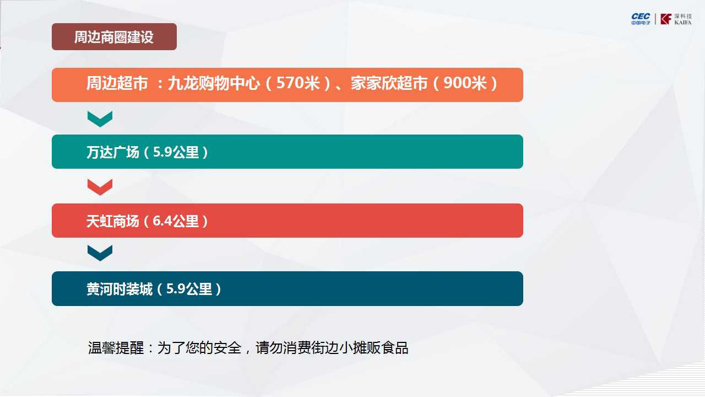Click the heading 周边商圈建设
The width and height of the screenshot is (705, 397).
(114, 37)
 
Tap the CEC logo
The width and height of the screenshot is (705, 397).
(641, 19)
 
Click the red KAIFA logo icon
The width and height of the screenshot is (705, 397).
(666, 19)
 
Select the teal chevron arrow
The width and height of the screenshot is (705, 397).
(100, 119)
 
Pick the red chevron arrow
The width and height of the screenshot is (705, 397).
(100, 187)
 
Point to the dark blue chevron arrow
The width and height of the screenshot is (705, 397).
(100, 253)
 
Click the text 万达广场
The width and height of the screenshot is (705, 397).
(113, 152)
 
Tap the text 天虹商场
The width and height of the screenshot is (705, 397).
(113, 221)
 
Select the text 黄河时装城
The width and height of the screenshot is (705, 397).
(120, 289)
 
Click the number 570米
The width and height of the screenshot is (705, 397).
(298, 83)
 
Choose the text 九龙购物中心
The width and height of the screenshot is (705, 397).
(214, 83)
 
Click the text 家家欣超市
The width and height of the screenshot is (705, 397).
(389, 83)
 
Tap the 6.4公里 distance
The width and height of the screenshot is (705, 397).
(176, 221)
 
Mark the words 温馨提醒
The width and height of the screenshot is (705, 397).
(116, 348)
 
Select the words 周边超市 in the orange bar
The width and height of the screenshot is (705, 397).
(117, 83)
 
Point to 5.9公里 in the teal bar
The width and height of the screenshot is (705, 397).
(176, 152)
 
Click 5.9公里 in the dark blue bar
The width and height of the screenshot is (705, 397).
(189, 289)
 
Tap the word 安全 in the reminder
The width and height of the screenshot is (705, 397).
(227, 348)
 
